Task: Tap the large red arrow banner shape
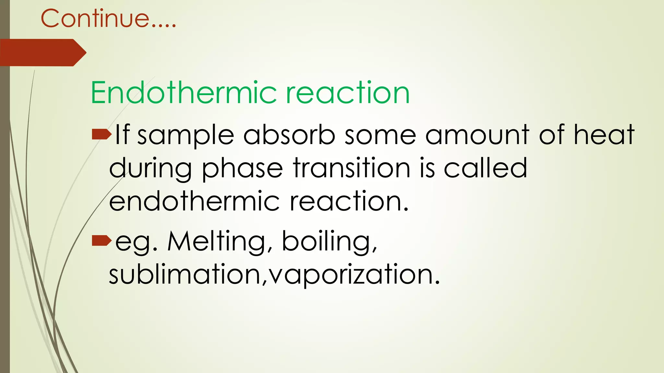42,52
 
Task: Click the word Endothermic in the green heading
184,93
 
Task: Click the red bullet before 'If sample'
101,134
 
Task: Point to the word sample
186,135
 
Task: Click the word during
151,168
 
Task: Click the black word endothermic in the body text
194,201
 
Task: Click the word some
380,135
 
